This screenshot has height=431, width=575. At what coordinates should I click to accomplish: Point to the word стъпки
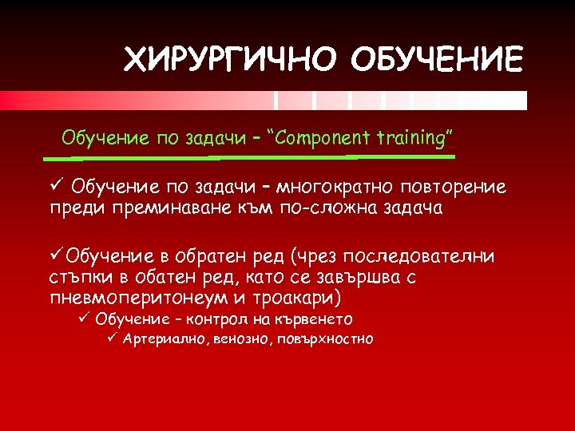click(x=75, y=277)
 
